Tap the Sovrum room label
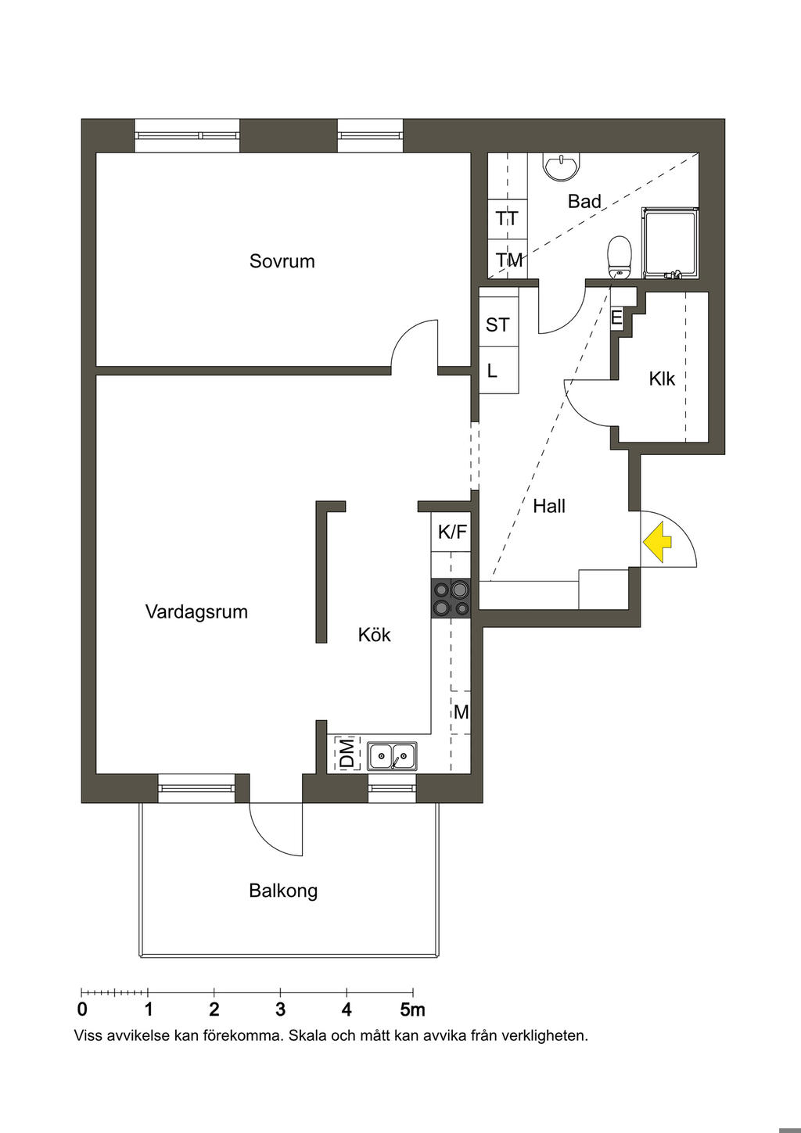tap(282, 261)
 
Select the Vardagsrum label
tap(196, 611)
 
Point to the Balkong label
tap(283, 891)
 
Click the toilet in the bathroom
tap(620, 256)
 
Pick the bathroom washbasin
tap(561, 166)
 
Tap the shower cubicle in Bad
tap(670, 242)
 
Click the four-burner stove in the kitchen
tap(451, 598)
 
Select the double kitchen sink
tap(392, 756)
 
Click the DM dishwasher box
tap(347, 754)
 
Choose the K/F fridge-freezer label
tap(452, 532)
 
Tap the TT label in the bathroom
tap(507, 219)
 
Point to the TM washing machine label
tap(508, 260)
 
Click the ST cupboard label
tap(497, 325)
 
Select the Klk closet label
tap(662, 379)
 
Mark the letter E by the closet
tap(616, 318)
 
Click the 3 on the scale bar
tap(281, 1009)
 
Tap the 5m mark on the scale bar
tap(412, 1009)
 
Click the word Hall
tap(549, 507)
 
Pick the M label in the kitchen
tap(462, 712)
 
